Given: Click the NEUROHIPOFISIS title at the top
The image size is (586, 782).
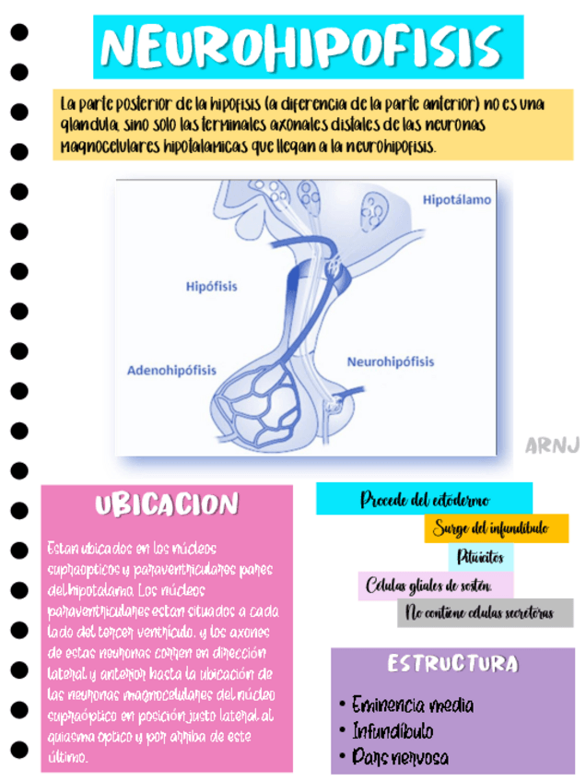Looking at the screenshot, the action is (308, 46).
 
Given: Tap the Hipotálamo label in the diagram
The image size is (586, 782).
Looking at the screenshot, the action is (457, 199).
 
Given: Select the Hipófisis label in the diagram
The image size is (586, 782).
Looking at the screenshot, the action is (211, 286).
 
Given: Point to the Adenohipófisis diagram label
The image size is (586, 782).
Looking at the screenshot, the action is (171, 371).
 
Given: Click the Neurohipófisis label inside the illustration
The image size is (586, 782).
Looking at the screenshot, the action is (390, 362).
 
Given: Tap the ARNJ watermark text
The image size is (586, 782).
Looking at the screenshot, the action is (552, 445).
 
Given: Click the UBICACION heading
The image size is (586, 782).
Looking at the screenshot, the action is (166, 504).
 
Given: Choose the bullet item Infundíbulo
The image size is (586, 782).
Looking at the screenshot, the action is (393, 732).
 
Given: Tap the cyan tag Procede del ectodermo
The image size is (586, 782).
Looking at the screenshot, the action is (425, 500).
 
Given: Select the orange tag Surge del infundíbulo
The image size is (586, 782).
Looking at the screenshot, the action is (497, 528).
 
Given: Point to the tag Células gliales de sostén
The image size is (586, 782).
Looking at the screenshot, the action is (428, 586).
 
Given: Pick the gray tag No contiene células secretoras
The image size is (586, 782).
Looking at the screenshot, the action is (485, 613).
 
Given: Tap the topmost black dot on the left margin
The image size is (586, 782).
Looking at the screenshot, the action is (18, 31).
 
